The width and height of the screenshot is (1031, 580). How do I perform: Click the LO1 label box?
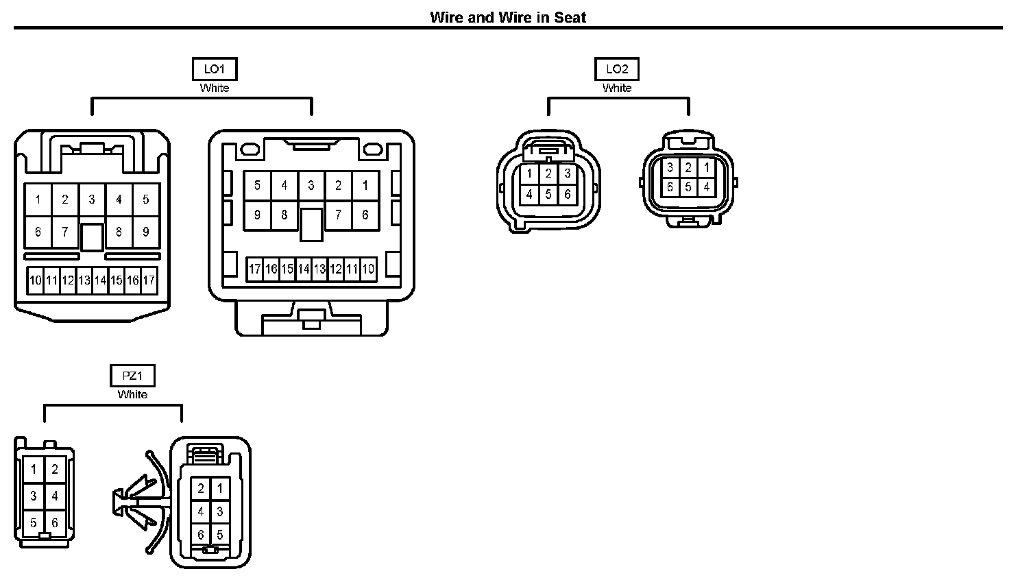[x=215, y=69]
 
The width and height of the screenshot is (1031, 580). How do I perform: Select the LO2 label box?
[x=617, y=69]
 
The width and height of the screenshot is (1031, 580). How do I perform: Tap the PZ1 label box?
[x=132, y=376]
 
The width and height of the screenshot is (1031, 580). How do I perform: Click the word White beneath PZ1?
[x=132, y=394]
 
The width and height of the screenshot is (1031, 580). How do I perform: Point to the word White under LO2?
[x=617, y=88]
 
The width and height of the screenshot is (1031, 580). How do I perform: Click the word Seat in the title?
[x=570, y=17]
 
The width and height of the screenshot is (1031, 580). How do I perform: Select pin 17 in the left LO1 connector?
[x=149, y=280]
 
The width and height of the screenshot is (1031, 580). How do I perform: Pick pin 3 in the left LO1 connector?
[x=92, y=200]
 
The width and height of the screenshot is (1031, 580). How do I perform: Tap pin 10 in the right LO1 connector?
[x=368, y=269]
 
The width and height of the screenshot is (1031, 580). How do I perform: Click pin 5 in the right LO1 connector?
[x=257, y=185]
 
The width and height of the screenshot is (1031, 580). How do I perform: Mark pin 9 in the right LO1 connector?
[x=257, y=215]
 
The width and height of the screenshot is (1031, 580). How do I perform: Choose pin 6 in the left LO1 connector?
[x=38, y=232]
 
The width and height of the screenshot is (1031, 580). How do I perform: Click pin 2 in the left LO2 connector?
[x=548, y=174]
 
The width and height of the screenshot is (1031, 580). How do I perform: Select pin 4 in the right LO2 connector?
[x=707, y=186]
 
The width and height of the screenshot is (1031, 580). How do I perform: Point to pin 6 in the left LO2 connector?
[x=567, y=194]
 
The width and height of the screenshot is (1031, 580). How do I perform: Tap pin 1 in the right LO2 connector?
[x=707, y=167]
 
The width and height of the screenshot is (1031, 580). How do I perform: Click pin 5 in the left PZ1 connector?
[x=33, y=523]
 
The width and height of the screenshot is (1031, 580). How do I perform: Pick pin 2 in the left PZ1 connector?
[x=55, y=470]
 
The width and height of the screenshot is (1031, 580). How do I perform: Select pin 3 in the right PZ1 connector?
[x=219, y=511]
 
